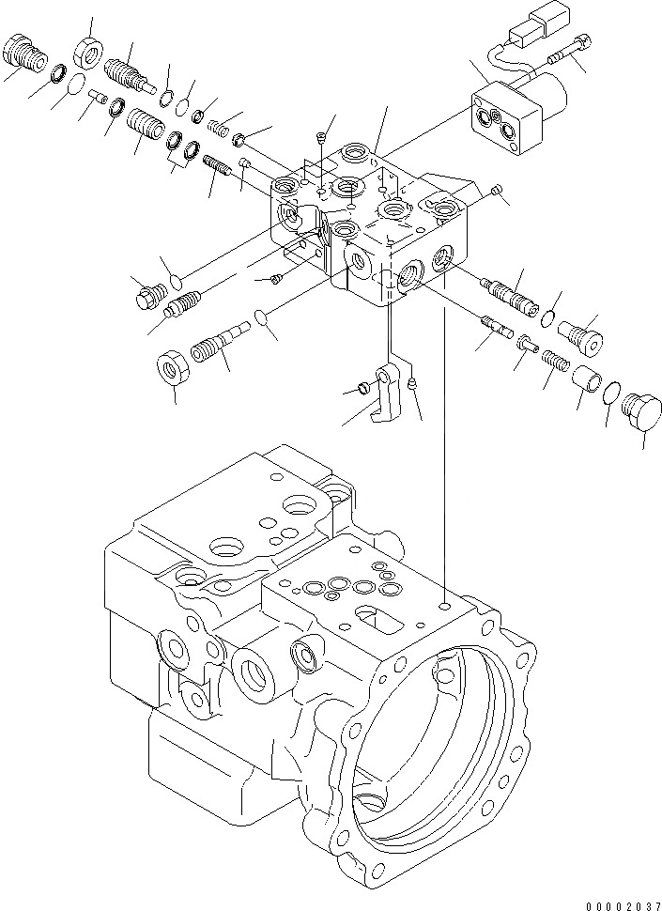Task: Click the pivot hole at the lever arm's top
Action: (x=385, y=378)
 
